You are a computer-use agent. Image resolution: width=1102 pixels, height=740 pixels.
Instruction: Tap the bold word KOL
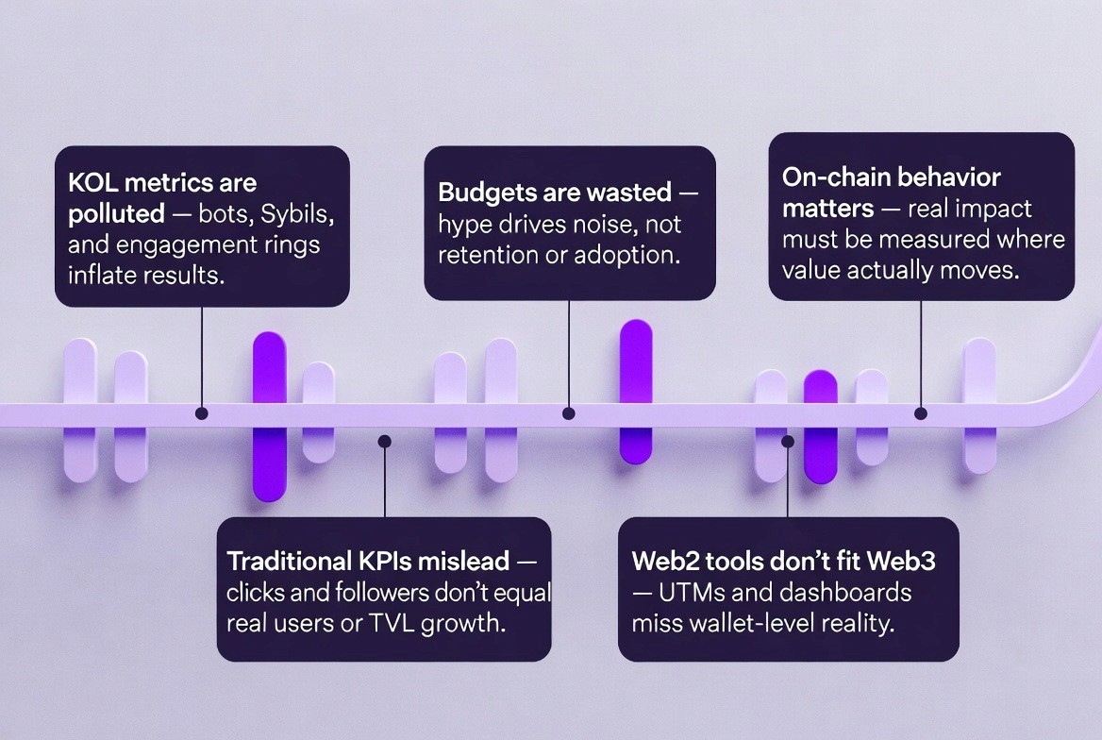click(92, 182)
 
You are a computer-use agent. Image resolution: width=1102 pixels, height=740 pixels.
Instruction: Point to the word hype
click(461, 226)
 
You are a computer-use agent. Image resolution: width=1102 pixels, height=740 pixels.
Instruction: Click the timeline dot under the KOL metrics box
click(201, 413)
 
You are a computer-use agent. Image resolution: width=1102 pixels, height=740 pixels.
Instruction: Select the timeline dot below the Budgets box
click(568, 413)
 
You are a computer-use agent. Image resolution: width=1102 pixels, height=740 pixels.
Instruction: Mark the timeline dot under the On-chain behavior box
click(921, 413)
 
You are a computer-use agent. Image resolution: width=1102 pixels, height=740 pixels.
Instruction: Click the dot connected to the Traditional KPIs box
click(384, 440)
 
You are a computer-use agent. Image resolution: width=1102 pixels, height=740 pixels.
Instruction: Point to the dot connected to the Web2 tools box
click(788, 440)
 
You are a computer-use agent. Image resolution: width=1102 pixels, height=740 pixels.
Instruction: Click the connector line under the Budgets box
click(568, 354)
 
